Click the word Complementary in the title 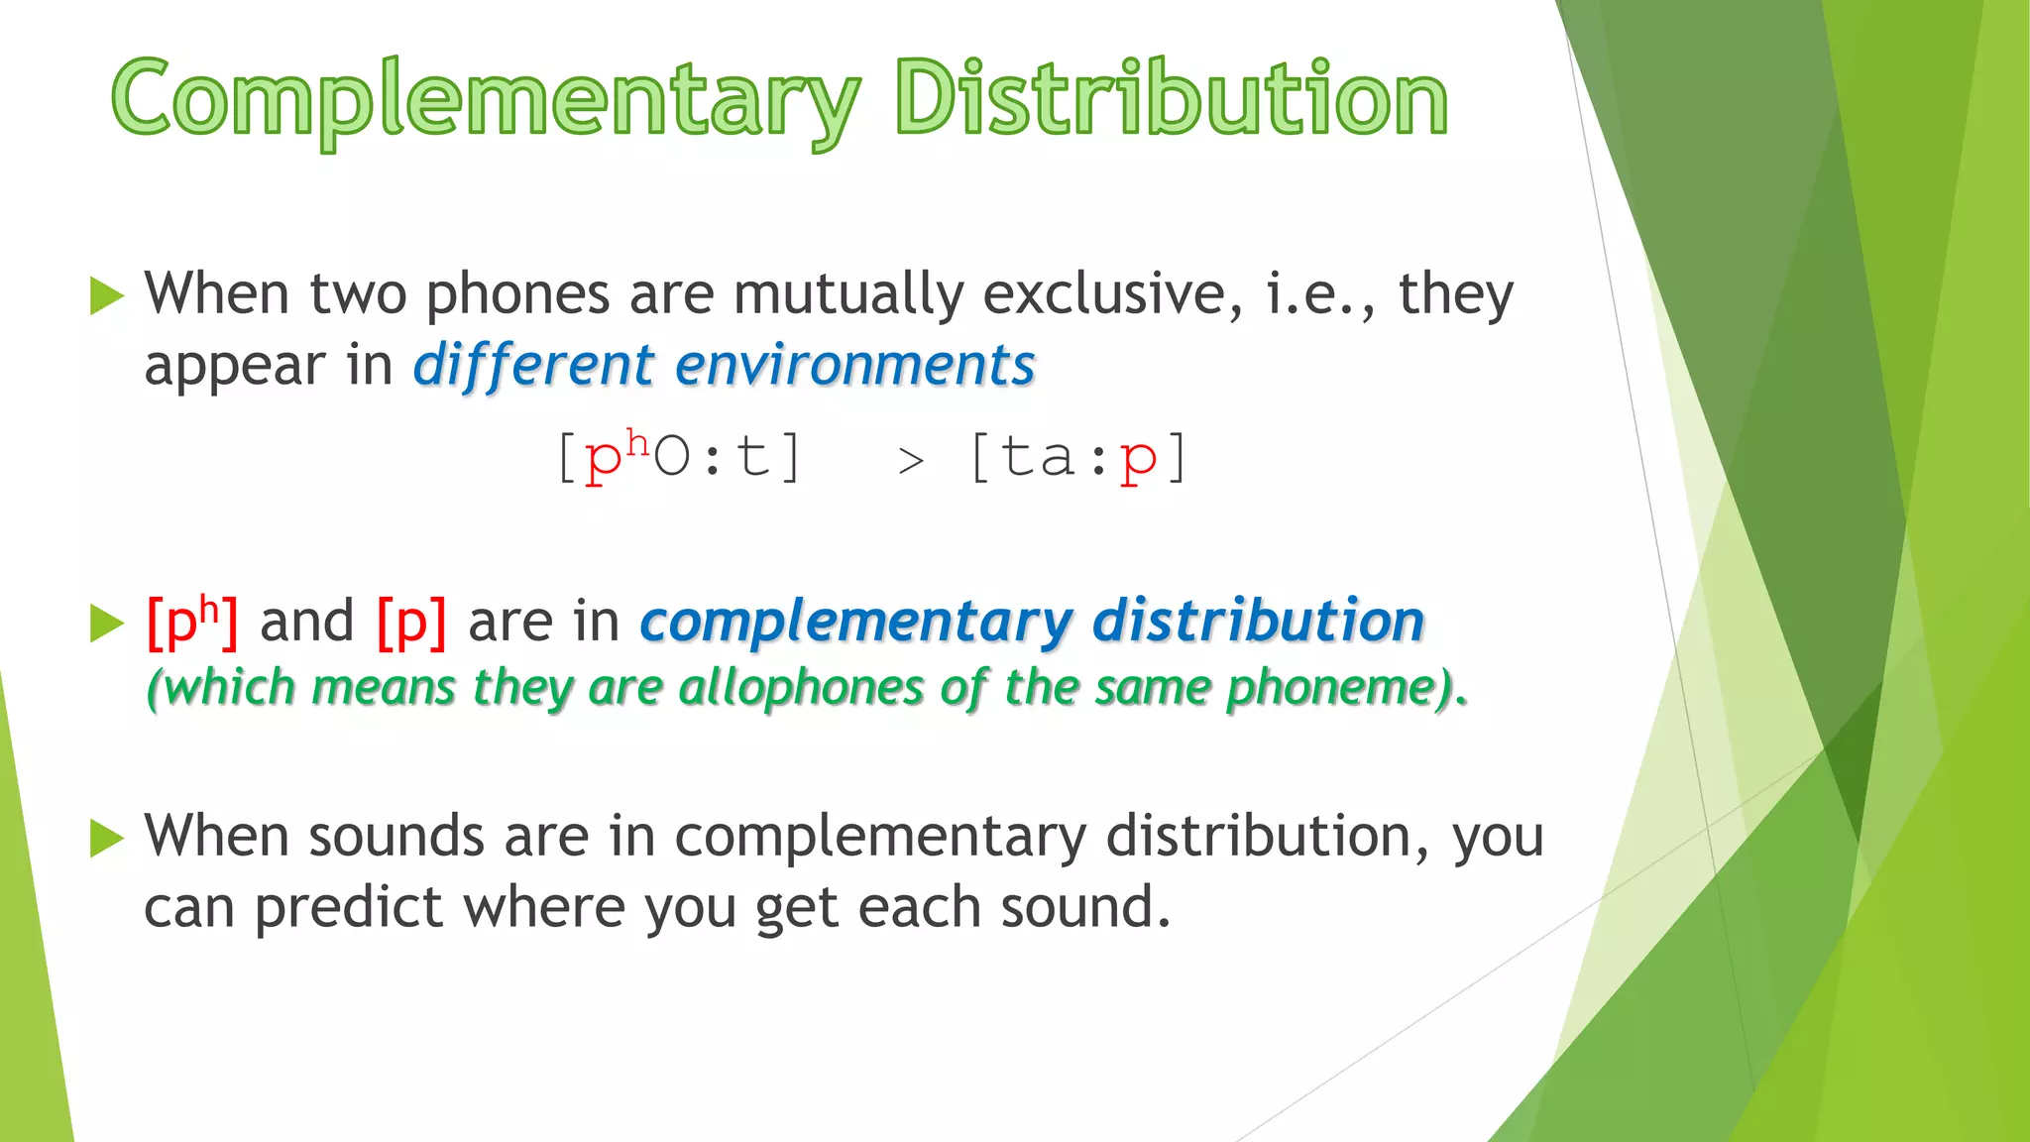(x=486, y=99)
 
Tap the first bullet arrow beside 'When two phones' (x=106, y=295)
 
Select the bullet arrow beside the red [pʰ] (x=106, y=624)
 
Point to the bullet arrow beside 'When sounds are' (x=106, y=838)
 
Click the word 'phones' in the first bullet (x=517, y=295)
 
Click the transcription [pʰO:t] (x=679, y=458)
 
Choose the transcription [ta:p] (x=1077, y=458)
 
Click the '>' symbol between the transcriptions (x=911, y=461)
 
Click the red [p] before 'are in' (x=411, y=623)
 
